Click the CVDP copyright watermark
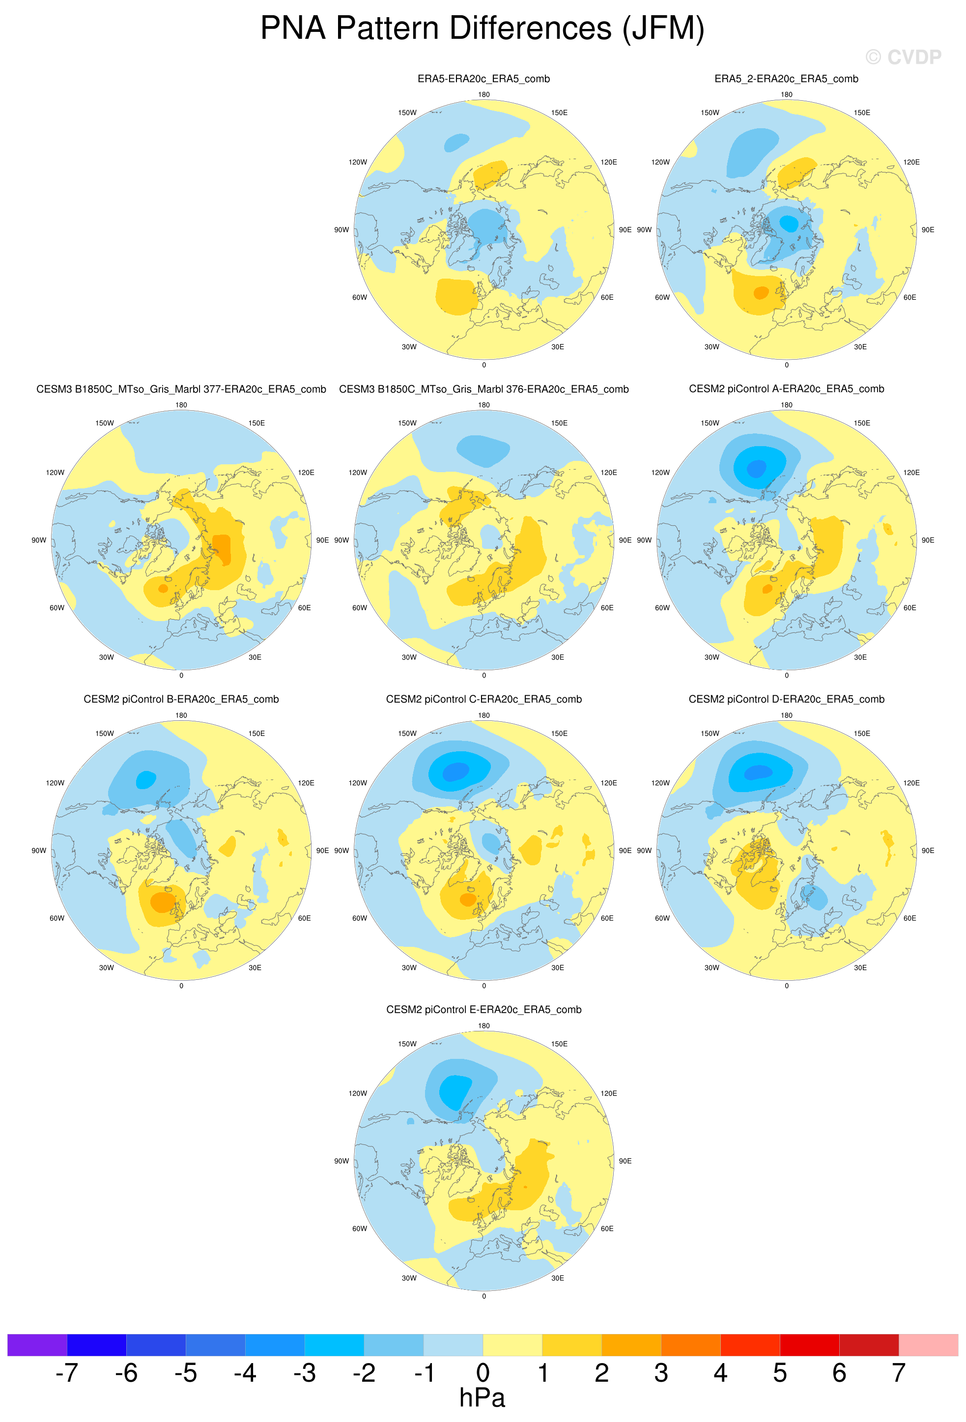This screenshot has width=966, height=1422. click(903, 57)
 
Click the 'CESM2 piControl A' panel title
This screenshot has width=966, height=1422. click(786, 389)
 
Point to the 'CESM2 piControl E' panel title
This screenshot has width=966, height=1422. click(483, 1010)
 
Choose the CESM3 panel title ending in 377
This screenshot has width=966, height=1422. click(181, 389)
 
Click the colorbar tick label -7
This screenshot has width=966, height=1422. click(67, 1372)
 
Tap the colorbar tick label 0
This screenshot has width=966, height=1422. click(483, 1372)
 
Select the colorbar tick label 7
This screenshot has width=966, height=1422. click(898, 1372)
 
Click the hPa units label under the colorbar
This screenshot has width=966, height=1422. click(482, 1398)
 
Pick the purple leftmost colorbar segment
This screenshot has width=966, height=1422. click(37, 1345)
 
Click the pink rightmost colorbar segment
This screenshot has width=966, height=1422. click(928, 1345)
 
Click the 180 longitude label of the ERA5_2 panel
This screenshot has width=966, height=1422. click(786, 94)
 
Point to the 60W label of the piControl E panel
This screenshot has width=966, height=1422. click(360, 1228)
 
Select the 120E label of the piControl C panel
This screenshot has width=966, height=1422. click(609, 783)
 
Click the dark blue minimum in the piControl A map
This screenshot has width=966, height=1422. click(757, 469)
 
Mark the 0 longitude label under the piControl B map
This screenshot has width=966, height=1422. click(181, 986)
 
